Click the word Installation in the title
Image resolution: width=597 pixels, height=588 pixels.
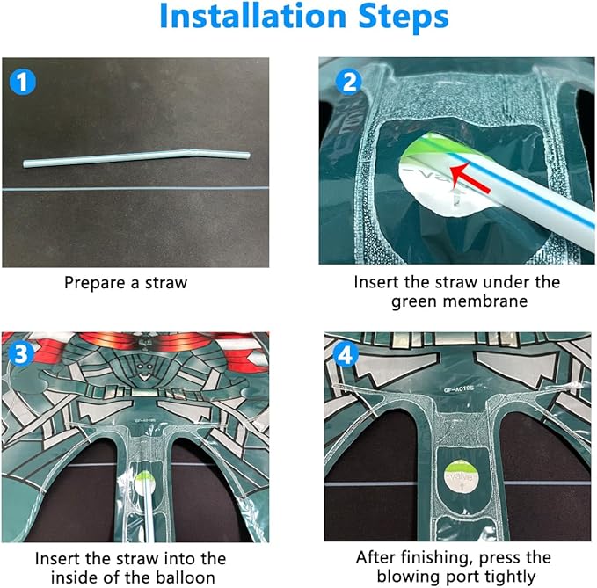click(x=252, y=16)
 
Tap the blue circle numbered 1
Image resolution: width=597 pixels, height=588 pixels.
click(x=23, y=82)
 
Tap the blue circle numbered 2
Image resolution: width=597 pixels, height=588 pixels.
click(x=348, y=82)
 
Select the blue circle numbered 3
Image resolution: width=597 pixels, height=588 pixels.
click(x=20, y=353)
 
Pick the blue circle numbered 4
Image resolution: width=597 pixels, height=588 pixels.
click(x=346, y=355)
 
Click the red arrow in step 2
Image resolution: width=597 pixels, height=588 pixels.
click(x=470, y=178)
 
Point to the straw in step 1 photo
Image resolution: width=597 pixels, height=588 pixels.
click(x=136, y=158)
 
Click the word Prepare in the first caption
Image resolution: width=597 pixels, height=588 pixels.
click(x=94, y=283)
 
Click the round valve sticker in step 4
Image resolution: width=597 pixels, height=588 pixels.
click(x=461, y=476)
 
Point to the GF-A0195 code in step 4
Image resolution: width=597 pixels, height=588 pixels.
click(x=458, y=389)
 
